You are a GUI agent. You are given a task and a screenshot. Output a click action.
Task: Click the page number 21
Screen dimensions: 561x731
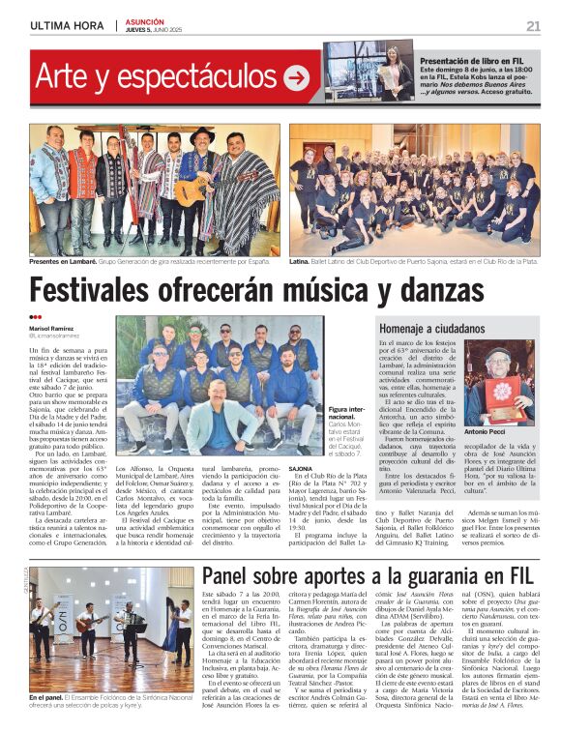point(533,26)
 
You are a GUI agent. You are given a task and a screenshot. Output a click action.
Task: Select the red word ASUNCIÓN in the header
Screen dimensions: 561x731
point(145,21)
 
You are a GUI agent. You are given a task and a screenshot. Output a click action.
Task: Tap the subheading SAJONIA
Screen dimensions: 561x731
point(301,468)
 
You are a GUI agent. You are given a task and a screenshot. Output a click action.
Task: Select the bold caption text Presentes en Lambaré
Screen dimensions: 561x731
point(59,260)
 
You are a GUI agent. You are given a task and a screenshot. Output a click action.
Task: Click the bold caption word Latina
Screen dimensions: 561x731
point(301,260)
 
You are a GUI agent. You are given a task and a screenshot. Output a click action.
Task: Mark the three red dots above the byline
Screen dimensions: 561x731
point(35,316)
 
